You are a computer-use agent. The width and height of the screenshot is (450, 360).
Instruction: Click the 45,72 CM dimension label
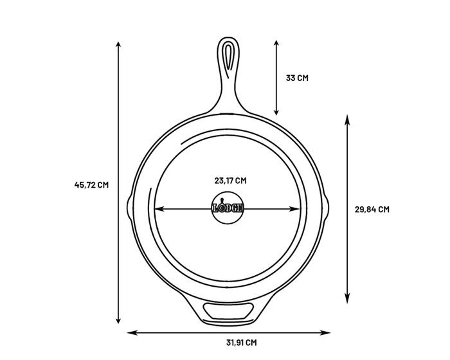click(92, 185)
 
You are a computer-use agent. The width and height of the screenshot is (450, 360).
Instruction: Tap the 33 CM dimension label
click(297, 78)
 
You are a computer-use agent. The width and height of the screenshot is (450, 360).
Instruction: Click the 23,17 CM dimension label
click(230, 181)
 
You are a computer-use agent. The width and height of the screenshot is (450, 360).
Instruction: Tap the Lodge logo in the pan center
click(228, 208)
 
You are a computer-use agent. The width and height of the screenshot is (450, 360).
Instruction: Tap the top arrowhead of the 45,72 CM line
click(118, 44)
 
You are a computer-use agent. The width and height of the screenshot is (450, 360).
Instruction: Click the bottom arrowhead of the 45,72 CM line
click(118, 321)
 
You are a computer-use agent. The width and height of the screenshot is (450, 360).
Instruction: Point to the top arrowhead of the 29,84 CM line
click(347, 118)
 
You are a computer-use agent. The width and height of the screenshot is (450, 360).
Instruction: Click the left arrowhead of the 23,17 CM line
click(157, 208)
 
